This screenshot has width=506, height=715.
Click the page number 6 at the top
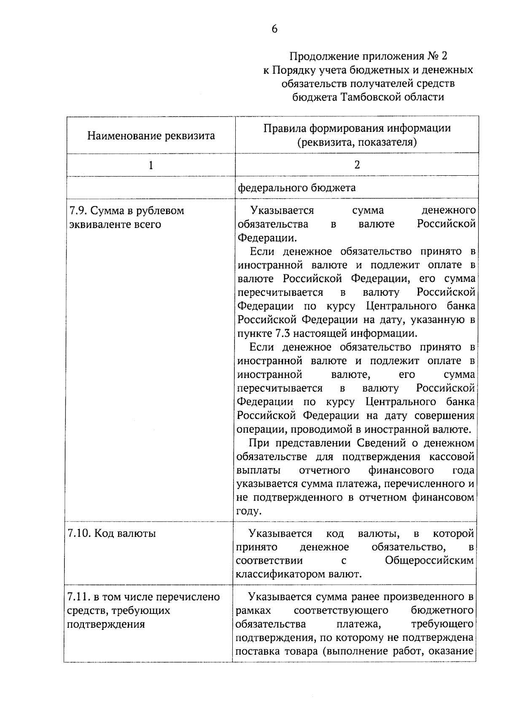click(275, 29)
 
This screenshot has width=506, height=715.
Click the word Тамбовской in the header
click(371, 97)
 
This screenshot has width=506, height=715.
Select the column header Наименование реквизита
click(151, 136)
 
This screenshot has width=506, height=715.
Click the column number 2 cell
click(357, 165)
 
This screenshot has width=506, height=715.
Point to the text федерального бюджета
click(296, 187)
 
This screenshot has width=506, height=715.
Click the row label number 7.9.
click(77, 211)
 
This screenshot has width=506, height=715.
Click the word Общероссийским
click(429, 560)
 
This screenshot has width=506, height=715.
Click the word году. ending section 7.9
click(249, 511)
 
